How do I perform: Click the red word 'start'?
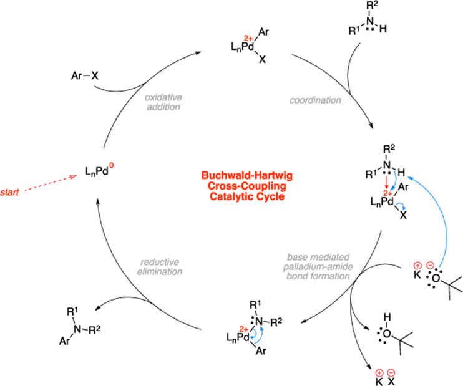click(x=9, y=193)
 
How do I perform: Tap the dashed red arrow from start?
click(x=51, y=183)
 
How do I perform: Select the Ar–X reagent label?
click(x=85, y=76)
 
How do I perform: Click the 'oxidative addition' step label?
click(x=163, y=102)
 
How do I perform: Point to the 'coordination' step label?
click(x=315, y=100)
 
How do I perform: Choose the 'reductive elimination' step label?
click(x=160, y=267)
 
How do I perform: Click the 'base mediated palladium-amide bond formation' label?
click(x=318, y=266)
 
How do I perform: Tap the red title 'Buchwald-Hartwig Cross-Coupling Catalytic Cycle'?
click(x=247, y=186)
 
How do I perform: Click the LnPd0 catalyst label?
click(x=99, y=170)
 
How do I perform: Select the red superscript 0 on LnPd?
click(x=111, y=166)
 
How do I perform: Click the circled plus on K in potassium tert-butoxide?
click(x=417, y=265)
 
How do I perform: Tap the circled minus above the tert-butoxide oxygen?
click(x=430, y=265)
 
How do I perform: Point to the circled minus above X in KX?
click(x=391, y=372)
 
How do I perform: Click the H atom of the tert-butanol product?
click(x=387, y=317)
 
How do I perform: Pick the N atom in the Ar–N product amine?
click(x=77, y=329)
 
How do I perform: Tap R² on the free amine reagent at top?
click(x=372, y=6)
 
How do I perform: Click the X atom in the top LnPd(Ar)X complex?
click(x=262, y=60)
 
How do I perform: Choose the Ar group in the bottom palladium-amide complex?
click(x=261, y=351)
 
